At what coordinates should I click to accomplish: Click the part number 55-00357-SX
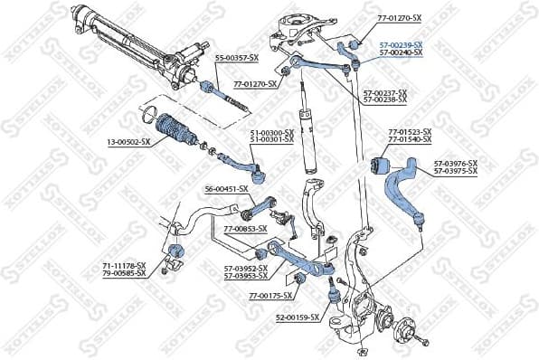point(236,58)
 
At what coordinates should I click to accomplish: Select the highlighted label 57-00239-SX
point(401,44)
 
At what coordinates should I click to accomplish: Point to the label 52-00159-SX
point(298,317)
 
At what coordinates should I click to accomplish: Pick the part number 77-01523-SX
point(410,132)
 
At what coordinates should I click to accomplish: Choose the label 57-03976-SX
point(455,163)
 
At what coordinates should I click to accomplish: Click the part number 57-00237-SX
point(385,92)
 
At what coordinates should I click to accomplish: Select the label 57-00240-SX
point(401,52)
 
